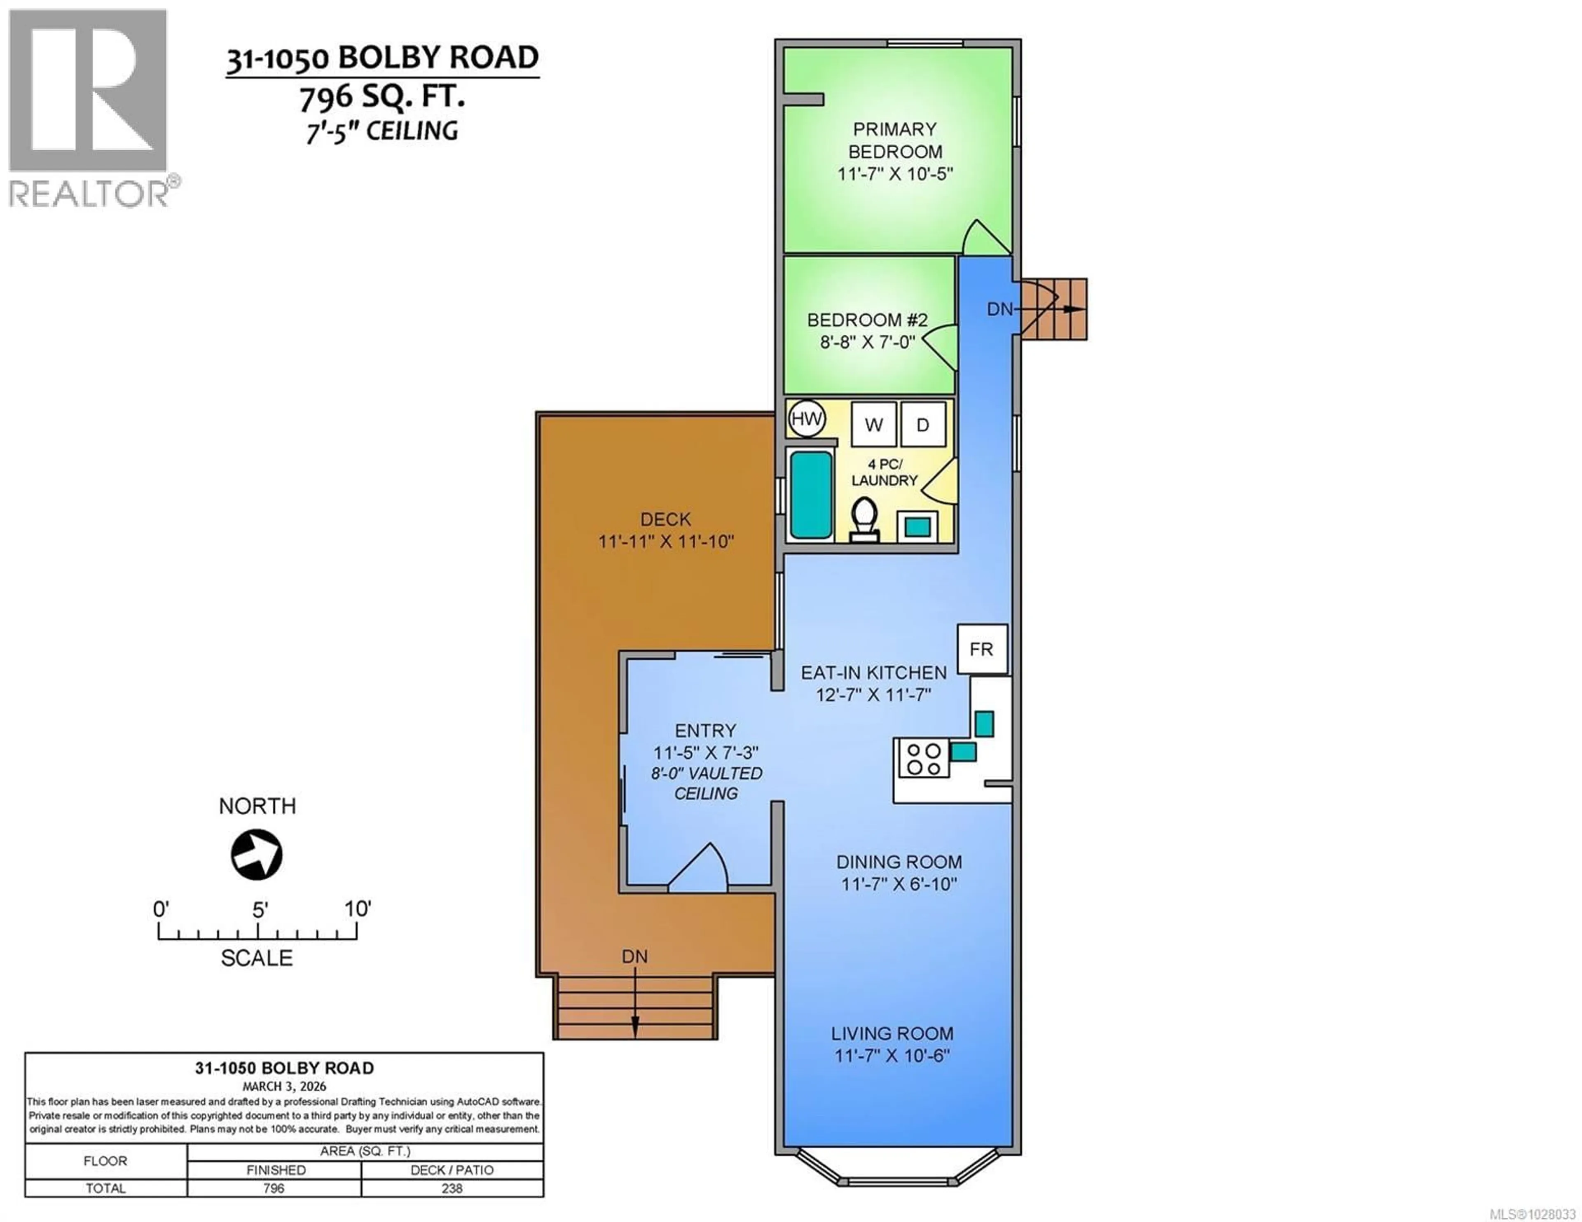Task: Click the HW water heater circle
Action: click(x=806, y=419)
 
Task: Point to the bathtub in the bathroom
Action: click(x=810, y=495)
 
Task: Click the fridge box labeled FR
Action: click(x=981, y=649)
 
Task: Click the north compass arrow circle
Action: click(x=256, y=855)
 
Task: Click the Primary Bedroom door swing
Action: click(x=983, y=238)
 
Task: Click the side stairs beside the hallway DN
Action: click(x=1054, y=308)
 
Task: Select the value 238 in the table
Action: click(x=452, y=1188)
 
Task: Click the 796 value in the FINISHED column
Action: click(x=274, y=1188)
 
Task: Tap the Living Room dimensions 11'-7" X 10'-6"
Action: click(x=892, y=1055)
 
